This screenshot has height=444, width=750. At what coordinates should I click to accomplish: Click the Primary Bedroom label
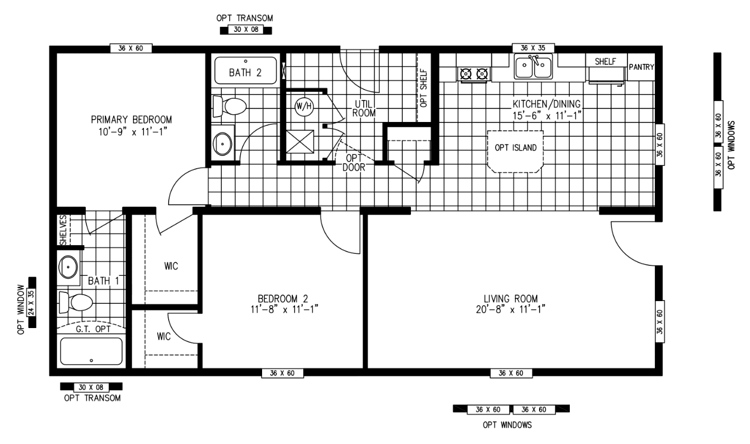[x=131, y=119]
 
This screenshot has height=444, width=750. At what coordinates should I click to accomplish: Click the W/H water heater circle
[x=304, y=107]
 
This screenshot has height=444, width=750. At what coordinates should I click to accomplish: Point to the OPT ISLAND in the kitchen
[x=515, y=148]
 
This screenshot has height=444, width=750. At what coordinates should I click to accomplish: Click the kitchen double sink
[x=533, y=68]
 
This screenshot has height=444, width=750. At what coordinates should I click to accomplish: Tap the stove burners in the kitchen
[x=474, y=73]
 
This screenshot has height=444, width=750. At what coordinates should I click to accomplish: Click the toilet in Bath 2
[x=230, y=106]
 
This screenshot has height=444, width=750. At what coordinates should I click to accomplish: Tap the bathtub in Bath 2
[x=246, y=70]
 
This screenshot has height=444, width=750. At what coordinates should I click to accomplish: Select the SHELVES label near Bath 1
[x=63, y=230]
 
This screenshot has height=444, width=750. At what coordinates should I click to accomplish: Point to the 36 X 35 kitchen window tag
[x=533, y=48]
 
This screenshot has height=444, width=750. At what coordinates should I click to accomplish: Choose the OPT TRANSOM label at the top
[x=245, y=18]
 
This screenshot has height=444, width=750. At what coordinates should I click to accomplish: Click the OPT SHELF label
[x=423, y=87]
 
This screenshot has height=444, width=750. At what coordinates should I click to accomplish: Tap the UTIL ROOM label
[x=364, y=109]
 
